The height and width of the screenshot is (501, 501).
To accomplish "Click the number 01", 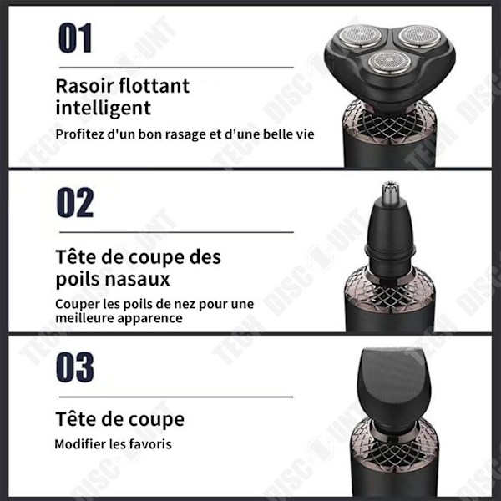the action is [75, 38].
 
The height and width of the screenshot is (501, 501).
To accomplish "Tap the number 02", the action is [75, 203].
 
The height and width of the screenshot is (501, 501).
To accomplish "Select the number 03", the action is [75, 367].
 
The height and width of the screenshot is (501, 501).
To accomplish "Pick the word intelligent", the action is [104, 109].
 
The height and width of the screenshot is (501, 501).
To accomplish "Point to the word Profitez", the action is [80, 134].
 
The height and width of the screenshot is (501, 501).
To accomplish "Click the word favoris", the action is [151, 444].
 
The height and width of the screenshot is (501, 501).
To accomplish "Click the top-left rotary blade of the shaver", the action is [361, 35].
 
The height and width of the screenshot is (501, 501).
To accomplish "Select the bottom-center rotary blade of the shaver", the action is [389, 62].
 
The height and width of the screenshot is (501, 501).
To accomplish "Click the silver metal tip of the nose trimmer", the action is [390, 194].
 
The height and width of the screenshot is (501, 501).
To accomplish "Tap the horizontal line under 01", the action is [176, 68].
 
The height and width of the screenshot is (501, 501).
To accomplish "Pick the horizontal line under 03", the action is [176, 397].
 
